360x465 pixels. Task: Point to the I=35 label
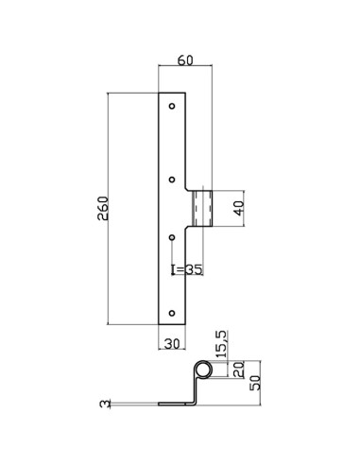point(188,269)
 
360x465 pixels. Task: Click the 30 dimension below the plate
point(171,344)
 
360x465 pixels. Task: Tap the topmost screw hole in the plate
point(171,106)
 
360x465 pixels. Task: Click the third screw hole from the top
point(171,238)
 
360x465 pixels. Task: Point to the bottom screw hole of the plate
point(171,311)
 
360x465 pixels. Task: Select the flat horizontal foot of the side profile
point(175,404)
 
